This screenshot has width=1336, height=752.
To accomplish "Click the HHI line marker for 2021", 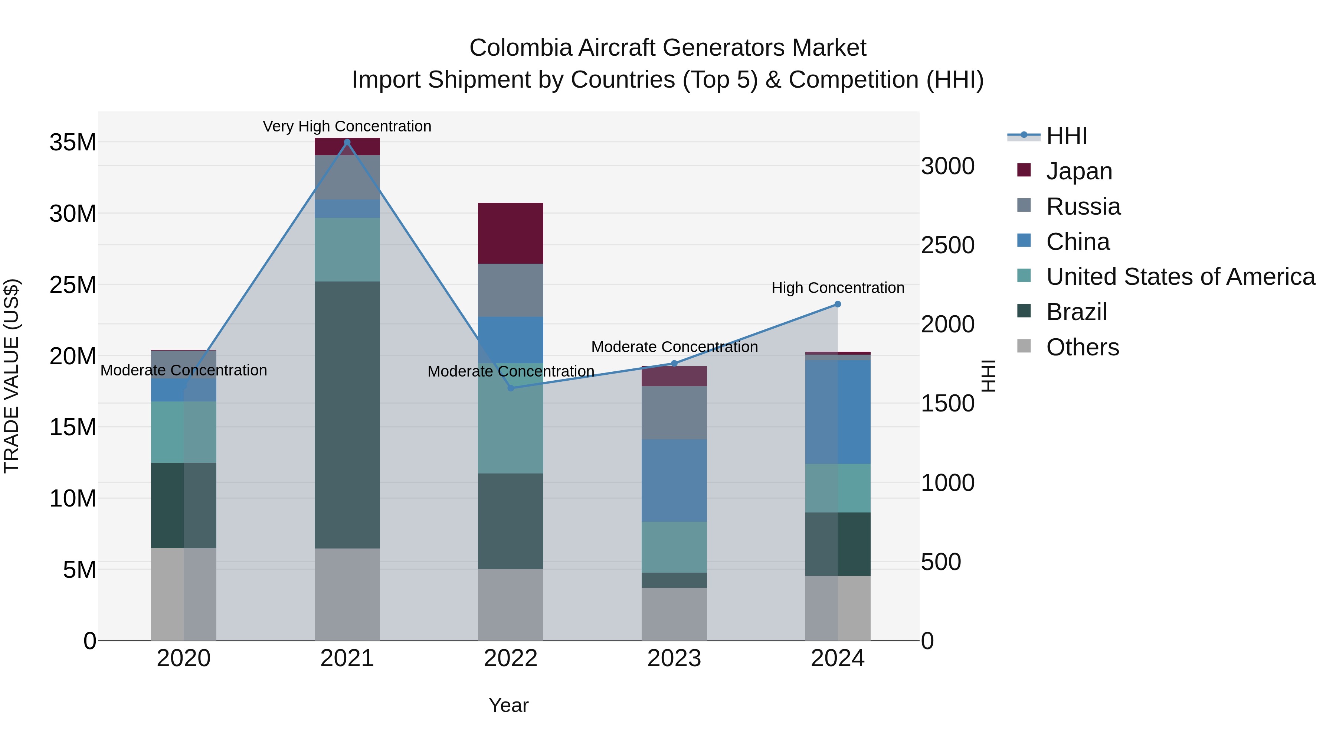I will pos(347,142).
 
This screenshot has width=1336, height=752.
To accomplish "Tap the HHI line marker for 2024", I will pos(838,304).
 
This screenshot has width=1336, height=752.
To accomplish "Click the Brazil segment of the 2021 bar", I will pos(347,415).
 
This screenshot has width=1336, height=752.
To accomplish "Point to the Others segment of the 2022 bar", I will pos(510,604).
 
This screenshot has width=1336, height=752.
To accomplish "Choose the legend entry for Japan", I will pos(1079,171).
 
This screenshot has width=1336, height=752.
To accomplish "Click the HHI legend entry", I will pos(1066,136).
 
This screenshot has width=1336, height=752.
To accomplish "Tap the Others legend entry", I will pos(1083,347).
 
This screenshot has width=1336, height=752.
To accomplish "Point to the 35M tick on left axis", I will pos(73,142).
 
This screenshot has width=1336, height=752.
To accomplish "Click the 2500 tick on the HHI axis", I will pos(947,245).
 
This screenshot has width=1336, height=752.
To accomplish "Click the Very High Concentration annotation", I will pos(347,126).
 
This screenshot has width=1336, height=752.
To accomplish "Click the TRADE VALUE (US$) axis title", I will pos(12,376).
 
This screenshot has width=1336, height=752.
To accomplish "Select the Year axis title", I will pos(508,705).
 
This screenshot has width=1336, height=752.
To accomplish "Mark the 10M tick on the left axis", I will pos(73,499).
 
